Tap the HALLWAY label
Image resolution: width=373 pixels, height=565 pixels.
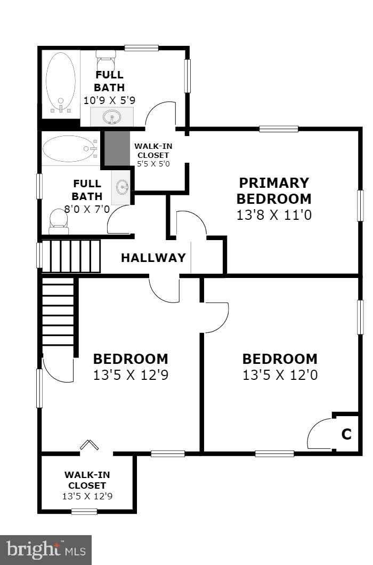coord(153,258)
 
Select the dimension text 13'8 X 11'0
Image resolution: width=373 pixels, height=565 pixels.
coord(273,215)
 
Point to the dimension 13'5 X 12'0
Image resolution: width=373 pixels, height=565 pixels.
coord(280,375)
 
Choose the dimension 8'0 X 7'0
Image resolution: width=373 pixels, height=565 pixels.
coord(87,209)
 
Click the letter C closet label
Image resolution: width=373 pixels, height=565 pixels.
coord(346,435)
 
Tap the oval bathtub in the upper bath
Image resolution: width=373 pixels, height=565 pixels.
coord(61,83)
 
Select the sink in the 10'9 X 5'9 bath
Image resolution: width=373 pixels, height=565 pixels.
coord(111,116)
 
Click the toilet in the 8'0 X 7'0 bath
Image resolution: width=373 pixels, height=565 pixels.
coord(58,221)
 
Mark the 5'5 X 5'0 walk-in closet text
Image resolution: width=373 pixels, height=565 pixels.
coord(153,164)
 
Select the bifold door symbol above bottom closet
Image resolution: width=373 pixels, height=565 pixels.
coord(88,444)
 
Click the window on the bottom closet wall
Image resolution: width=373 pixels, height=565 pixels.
coord(84,512)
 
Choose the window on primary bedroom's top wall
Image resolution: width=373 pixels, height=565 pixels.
coord(278,129)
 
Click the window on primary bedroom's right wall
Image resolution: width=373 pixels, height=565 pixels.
coord(360,205)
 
